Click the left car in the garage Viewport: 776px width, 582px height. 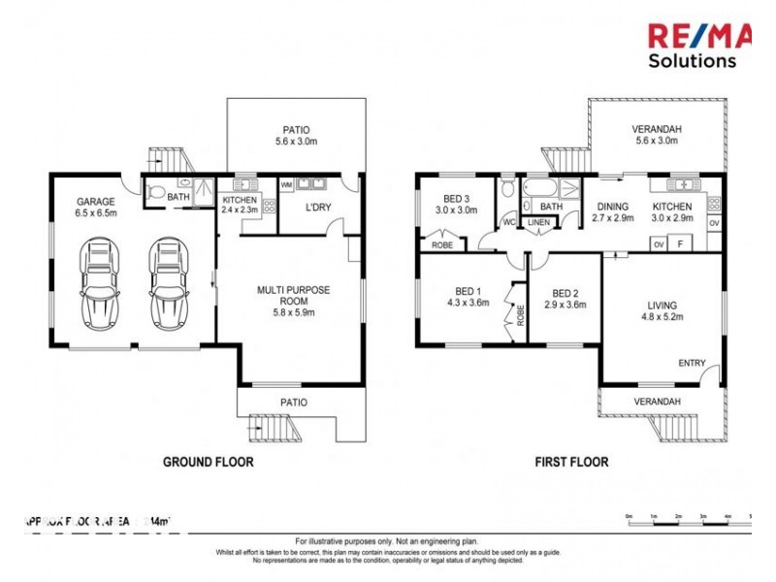tap(101, 283)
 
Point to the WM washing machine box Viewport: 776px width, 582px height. tap(286, 184)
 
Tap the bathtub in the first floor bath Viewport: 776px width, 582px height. tap(540, 187)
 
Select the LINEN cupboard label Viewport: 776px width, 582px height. tap(537, 223)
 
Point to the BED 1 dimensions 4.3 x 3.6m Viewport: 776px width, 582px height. tap(467, 303)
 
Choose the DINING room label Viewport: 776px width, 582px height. tap(613, 207)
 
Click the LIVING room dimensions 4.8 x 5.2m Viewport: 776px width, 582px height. tap(662, 316)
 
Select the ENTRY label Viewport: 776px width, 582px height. tap(692, 363)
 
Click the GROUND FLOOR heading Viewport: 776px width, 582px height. tap(208, 463)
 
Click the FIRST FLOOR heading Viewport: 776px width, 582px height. tap(572, 463)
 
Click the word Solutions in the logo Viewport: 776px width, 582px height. tap(692, 60)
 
